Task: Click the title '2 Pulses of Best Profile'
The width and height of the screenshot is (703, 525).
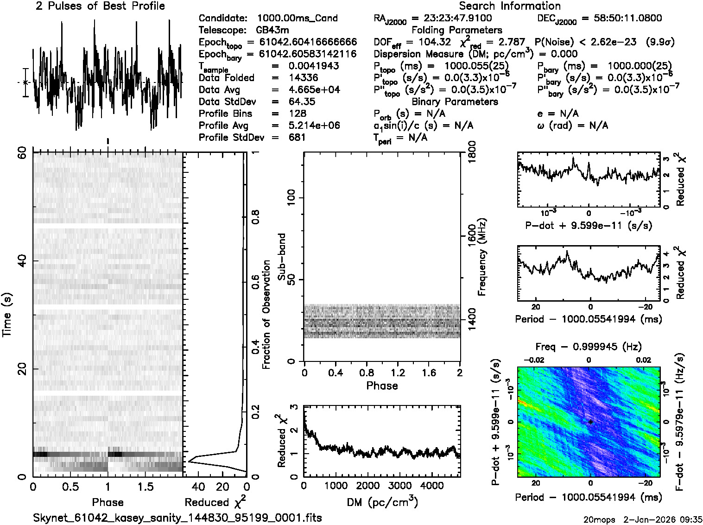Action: (100, 6)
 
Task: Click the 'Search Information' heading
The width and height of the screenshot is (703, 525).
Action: (509, 6)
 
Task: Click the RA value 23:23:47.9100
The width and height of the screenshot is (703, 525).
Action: (457, 19)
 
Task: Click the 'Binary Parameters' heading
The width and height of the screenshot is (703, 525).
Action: (455, 102)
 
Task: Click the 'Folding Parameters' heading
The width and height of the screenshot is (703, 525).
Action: (457, 31)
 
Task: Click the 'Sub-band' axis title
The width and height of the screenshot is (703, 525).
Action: (281, 257)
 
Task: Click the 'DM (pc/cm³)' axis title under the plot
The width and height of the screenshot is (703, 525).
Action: (382, 502)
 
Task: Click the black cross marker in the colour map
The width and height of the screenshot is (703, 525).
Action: (590, 422)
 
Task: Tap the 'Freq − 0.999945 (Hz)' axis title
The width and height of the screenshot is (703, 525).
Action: (589, 347)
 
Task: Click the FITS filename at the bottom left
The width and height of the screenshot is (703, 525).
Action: (177, 518)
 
